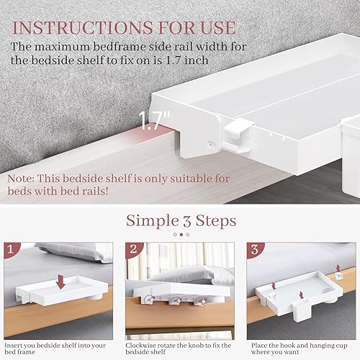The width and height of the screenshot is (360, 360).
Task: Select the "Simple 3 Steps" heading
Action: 180,220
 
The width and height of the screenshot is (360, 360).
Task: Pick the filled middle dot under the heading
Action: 180,234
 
